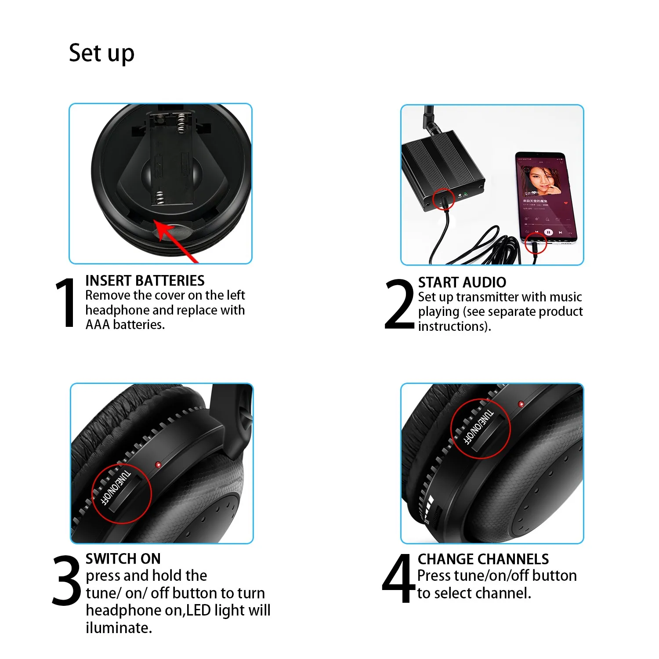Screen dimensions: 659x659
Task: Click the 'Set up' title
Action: pos(101,53)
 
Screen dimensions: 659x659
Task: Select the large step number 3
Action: pos(66,580)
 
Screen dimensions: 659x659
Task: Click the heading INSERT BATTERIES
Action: pos(145,281)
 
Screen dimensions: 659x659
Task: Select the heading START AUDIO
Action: pos(462,282)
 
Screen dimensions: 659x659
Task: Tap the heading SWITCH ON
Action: pos(123,559)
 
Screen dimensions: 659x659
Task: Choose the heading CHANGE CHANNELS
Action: pos(483,559)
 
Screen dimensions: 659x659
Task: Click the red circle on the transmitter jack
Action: pos(443,200)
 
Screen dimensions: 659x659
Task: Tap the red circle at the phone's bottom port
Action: pos(536,243)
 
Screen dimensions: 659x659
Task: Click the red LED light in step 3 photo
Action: pos(158,464)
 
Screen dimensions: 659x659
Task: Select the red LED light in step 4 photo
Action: pos(521,404)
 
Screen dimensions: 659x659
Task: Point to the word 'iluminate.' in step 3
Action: pos(119,628)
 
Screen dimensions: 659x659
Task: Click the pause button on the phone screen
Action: pos(548,232)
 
